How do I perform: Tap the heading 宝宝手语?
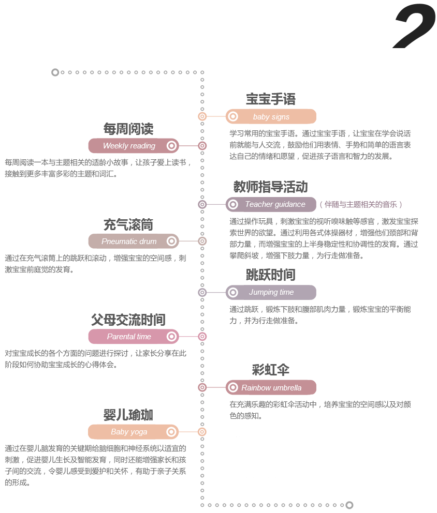coord(271,99)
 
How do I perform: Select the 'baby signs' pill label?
coord(271,116)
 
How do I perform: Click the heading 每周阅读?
coord(128,129)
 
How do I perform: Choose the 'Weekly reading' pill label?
coord(134,146)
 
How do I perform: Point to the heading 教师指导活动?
coord(271,187)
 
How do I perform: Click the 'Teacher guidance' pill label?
coord(271,204)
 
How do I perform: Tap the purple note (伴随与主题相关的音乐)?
coord(361,204)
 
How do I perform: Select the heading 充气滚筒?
coord(128,225)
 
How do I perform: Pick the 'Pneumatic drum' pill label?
coord(134,241)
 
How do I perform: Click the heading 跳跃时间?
coord(271,275)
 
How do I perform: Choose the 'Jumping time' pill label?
coord(271,292)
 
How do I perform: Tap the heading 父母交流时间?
coord(128,320)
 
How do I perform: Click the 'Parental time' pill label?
coord(134,336)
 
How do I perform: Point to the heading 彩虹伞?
coord(271,370)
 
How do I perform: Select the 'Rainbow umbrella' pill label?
coord(271,387)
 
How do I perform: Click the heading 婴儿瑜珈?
coord(128,415)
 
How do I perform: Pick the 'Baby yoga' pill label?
coord(134,432)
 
